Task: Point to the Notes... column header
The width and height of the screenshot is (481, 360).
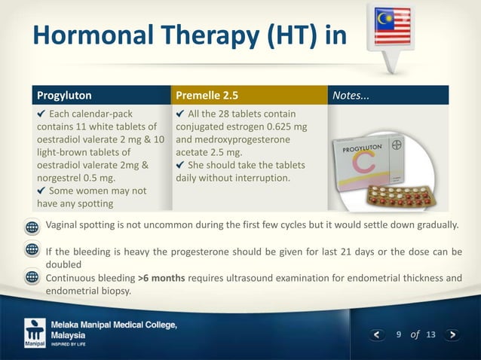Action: [353, 96]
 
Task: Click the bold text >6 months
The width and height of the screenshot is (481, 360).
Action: [166, 278]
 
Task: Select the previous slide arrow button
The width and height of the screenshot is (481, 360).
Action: [379, 334]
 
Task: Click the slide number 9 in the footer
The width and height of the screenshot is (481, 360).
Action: [399, 334]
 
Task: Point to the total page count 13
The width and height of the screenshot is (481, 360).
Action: [430, 334]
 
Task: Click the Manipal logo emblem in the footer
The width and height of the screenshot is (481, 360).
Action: [35, 332]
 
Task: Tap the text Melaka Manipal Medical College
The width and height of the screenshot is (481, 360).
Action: [114, 325]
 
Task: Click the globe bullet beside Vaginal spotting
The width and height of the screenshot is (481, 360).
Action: [32, 227]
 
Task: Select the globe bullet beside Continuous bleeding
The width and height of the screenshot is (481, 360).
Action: [32, 278]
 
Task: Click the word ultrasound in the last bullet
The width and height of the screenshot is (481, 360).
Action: [259, 278]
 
